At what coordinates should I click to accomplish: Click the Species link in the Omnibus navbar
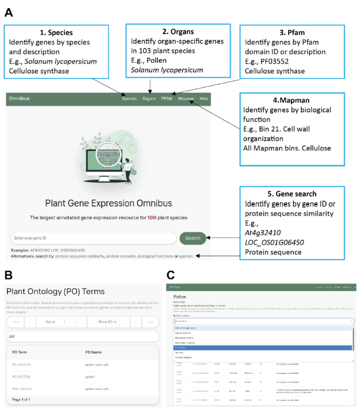pyautogui.click(x=129, y=98)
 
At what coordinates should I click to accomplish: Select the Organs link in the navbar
pyautogui.click(x=149, y=98)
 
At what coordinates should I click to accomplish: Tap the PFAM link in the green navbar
pyautogui.click(x=166, y=98)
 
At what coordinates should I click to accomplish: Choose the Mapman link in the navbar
pyautogui.click(x=186, y=98)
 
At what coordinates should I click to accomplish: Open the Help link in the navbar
pyautogui.click(x=204, y=98)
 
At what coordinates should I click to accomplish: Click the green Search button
pyautogui.click(x=192, y=238)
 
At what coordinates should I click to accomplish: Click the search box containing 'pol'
pyautogui.click(x=81, y=337)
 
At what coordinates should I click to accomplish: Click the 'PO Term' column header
pyautogui.click(x=21, y=353)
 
